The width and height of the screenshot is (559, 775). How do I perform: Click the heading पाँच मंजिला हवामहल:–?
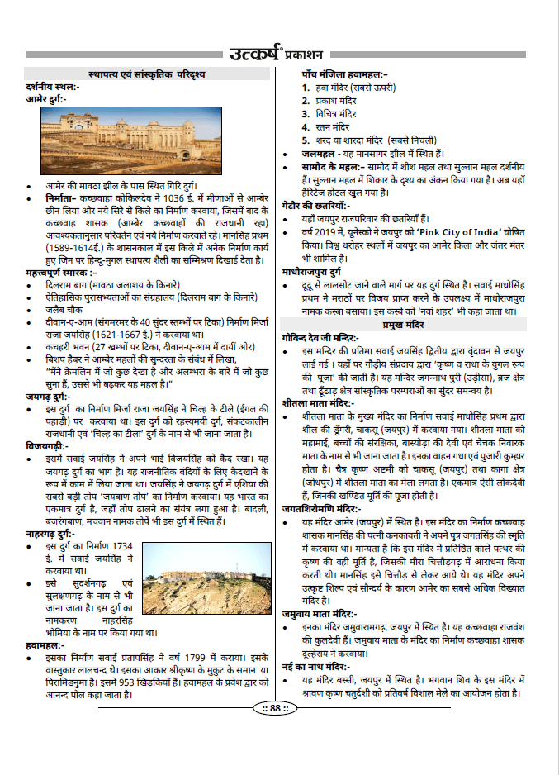344,74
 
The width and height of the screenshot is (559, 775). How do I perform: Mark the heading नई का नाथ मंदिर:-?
315,665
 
